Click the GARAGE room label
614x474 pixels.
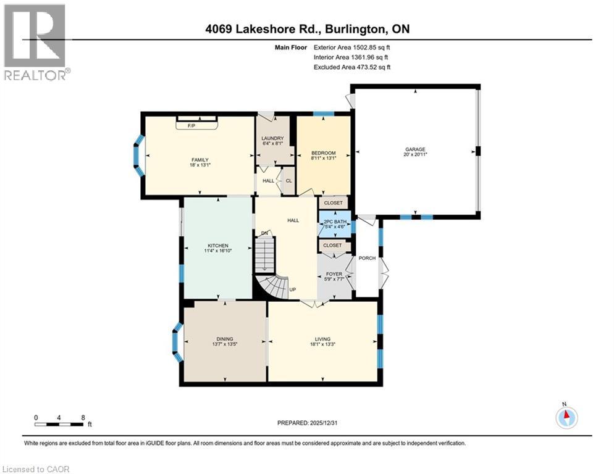414,149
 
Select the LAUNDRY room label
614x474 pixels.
272,138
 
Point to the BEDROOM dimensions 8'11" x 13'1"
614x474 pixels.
323,159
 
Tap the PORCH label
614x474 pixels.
367,258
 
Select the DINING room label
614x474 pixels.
225,338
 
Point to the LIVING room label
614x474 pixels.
322,339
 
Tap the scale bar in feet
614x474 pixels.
60,423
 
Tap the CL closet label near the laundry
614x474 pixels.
288,181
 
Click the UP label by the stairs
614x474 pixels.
292,289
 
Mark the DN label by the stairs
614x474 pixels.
264,233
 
